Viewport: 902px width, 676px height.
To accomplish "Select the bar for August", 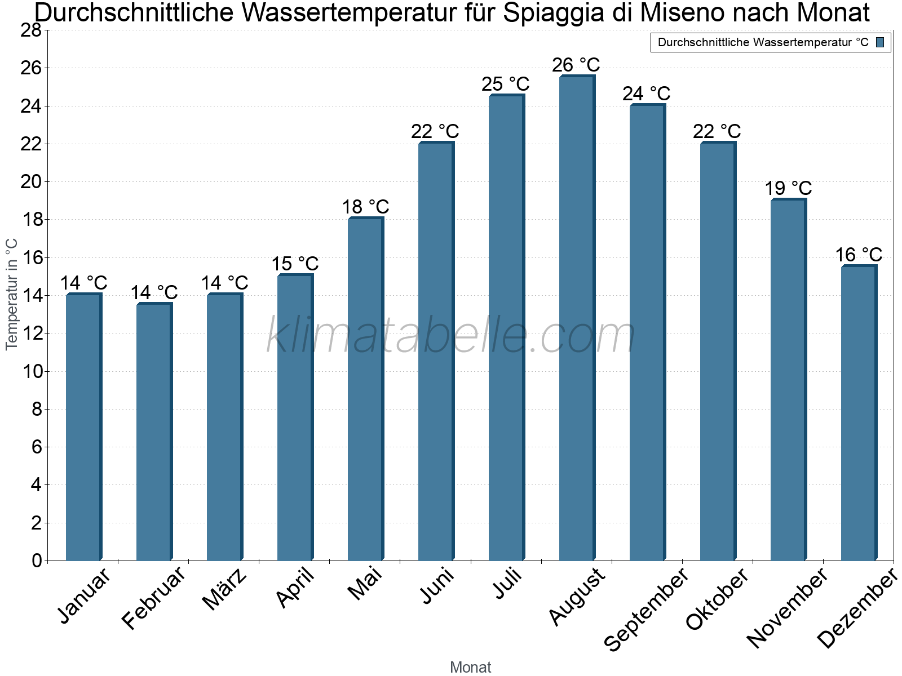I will coord(576,318).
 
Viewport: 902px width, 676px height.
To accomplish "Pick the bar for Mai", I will coord(365,389).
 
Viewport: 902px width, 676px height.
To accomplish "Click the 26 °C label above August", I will coord(576,65).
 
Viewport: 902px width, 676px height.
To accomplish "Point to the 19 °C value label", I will coord(788,188).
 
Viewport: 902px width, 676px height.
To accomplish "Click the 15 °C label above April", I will coord(295,264).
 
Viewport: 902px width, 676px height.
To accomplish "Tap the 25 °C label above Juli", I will coord(505,84).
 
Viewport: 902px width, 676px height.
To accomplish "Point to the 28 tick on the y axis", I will coord(31,30).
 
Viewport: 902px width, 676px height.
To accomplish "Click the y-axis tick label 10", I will coord(31,371).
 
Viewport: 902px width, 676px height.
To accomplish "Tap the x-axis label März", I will coord(225,589).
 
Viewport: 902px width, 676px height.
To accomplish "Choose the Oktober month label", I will coord(717,599).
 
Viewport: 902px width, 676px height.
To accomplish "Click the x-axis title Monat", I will coord(470,668).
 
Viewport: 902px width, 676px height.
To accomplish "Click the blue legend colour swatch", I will coord(881,42).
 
